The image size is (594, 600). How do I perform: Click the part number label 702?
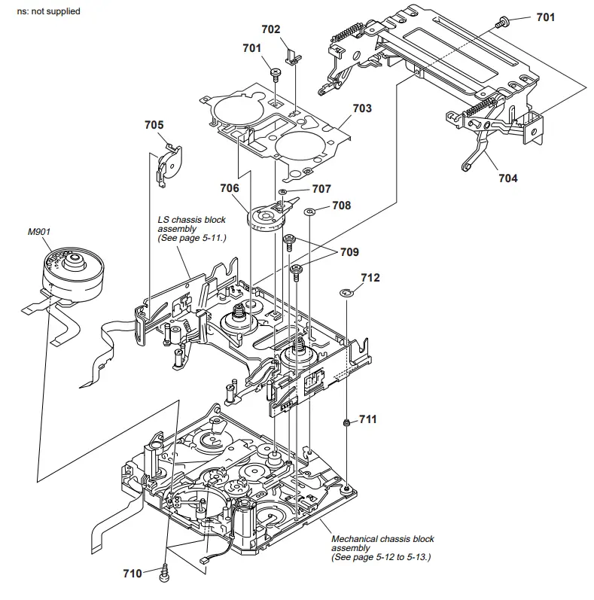270,29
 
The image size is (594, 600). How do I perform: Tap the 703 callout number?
362,108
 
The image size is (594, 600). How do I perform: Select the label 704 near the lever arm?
507,178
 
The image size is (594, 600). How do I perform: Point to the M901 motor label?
38,232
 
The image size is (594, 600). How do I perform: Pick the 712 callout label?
370,278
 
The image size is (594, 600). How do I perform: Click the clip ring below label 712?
347,292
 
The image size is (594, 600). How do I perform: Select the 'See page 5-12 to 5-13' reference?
381,558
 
